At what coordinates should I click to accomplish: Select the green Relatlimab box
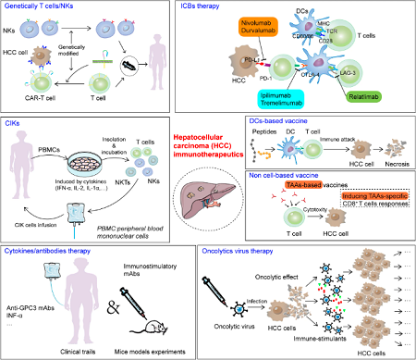pos(373,93)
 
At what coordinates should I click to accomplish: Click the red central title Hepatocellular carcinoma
pos(207,141)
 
